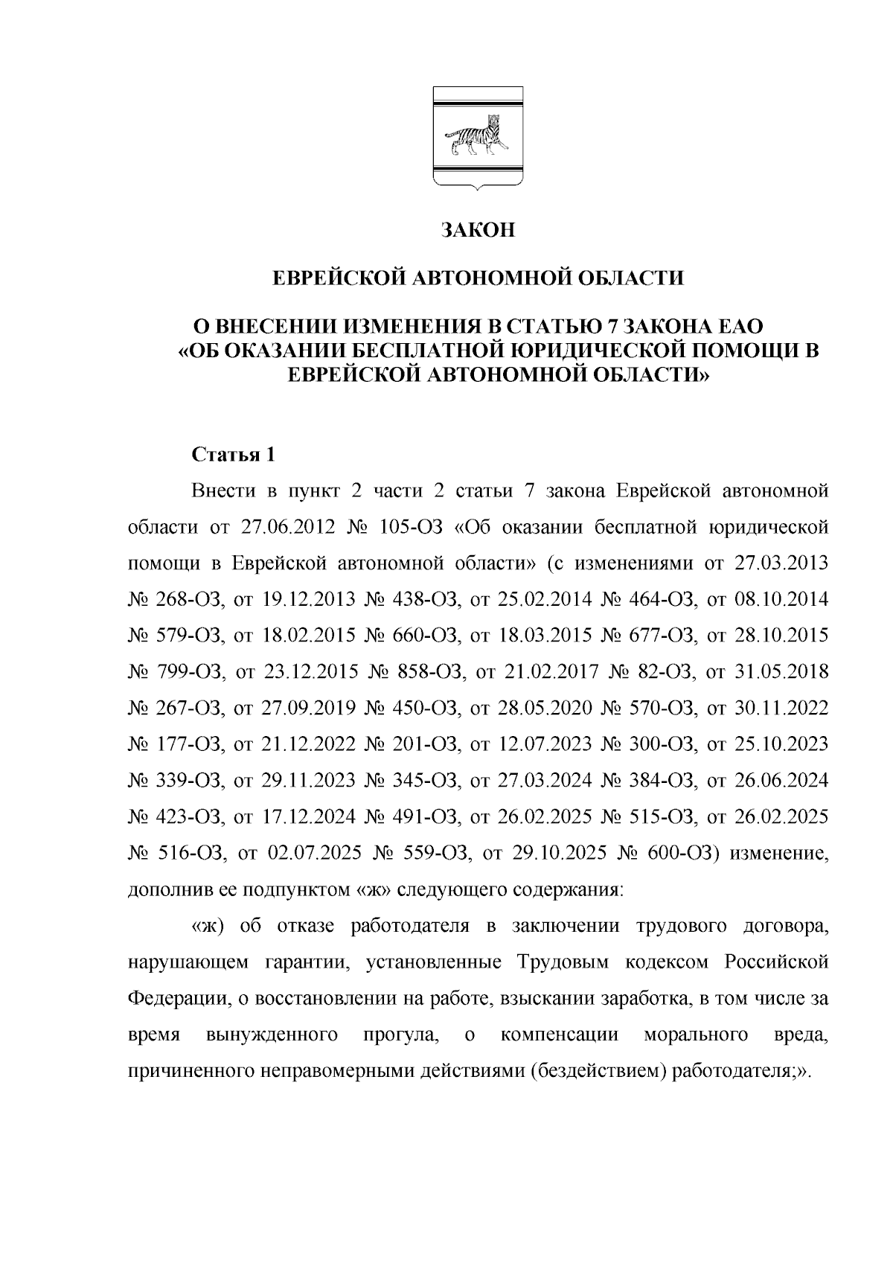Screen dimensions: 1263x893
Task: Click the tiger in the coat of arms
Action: (x=477, y=135)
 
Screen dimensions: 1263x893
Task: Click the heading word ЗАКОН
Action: (x=476, y=230)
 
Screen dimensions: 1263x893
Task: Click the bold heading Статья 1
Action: (x=234, y=454)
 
